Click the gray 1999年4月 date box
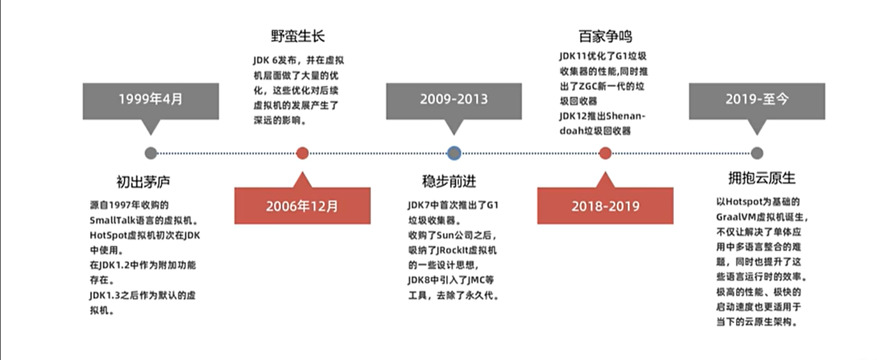pyautogui.click(x=151, y=100)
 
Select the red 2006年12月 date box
pyautogui.click(x=303, y=206)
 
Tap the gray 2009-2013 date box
pyautogui.click(x=454, y=100)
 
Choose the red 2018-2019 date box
pyautogui.click(x=605, y=206)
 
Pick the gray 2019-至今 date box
pyautogui.click(x=756, y=100)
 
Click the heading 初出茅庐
pyautogui.click(x=144, y=182)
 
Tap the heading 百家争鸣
pyautogui.click(x=606, y=36)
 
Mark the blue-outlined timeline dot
pyautogui.click(x=454, y=153)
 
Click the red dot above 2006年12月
pyautogui.click(x=303, y=153)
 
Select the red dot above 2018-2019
pyautogui.click(x=605, y=153)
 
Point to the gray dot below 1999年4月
pyautogui.click(x=151, y=153)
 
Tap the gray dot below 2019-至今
pyautogui.click(x=756, y=153)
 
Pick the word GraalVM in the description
pyautogui.click(x=735, y=216)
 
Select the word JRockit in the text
pyautogui.click(x=445, y=250)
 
